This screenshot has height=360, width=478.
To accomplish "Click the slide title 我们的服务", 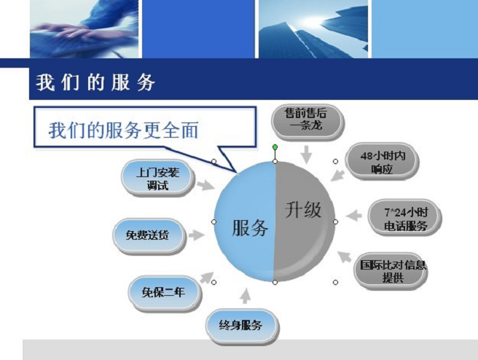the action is (x=95, y=82).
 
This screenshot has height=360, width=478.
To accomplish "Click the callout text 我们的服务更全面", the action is (x=123, y=130).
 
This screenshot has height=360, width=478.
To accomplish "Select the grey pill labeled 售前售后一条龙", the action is (x=307, y=122).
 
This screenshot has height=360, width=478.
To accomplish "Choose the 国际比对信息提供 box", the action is (x=391, y=270).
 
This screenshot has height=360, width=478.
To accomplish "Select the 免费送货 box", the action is (x=149, y=235).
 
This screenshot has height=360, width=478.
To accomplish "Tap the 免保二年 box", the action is (x=165, y=293).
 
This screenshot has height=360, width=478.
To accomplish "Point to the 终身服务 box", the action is (x=242, y=326).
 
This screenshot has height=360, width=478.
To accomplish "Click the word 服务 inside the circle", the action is (x=250, y=227).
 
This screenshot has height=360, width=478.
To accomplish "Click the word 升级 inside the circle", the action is (x=303, y=210).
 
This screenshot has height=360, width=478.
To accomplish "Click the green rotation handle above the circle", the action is (x=275, y=147).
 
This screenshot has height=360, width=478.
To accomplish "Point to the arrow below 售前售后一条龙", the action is (x=306, y=154).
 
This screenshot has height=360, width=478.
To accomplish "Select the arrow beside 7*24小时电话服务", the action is (x=353, y=216).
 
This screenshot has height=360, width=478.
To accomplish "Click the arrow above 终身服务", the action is (x=246, y=296).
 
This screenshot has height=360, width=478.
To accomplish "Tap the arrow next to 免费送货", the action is (x=196, y=235).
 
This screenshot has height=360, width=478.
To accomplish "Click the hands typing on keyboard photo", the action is (x=84, y=29).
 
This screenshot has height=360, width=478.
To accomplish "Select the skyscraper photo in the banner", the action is (x=313, y=29).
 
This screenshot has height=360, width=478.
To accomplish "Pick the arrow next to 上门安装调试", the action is (x=206, y=185).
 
